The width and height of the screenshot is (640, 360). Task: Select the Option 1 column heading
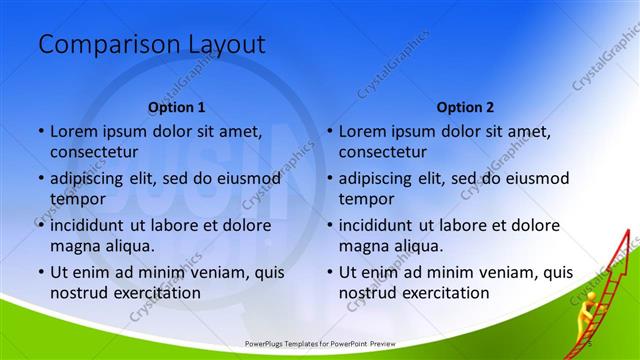(x=177, y=107)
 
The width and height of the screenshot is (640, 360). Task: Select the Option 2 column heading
(x=465, y=107)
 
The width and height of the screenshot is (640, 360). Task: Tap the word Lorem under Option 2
(x=362, y=131)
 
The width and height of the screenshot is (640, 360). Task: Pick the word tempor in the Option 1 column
(x=75, y=198)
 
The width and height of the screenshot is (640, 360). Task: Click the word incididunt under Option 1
(x=93, y=226)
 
